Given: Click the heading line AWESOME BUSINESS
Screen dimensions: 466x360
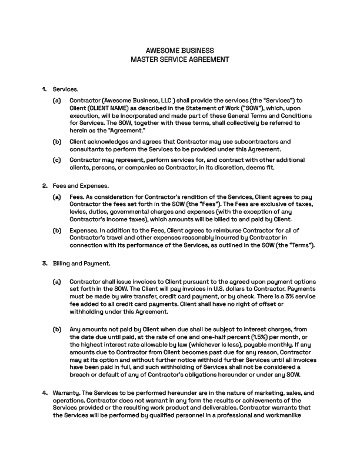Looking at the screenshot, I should point(179,51).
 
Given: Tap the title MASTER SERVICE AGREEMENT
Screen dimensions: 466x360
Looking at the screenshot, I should point(179,59).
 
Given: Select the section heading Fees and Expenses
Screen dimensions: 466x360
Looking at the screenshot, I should point(76,186).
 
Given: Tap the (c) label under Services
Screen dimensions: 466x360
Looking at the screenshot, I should point(56,160).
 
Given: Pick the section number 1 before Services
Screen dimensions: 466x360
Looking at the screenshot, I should point(45,89).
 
